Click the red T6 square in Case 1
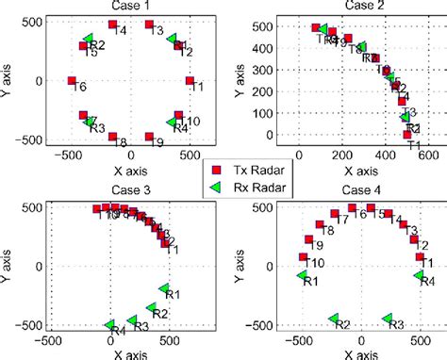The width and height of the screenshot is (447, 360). tap(72, 82)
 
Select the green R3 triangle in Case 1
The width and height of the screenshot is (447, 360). tap(91, 121)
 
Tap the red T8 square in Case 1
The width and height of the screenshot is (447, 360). tap(111, 137)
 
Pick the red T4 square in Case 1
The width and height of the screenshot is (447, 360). tap(112, 25)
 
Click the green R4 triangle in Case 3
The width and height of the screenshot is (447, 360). tap(110, 324)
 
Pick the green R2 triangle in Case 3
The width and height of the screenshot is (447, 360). tap(149, 307)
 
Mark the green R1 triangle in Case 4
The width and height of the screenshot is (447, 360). tap(303, 275)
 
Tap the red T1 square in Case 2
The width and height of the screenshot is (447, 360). tap(407, 135)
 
